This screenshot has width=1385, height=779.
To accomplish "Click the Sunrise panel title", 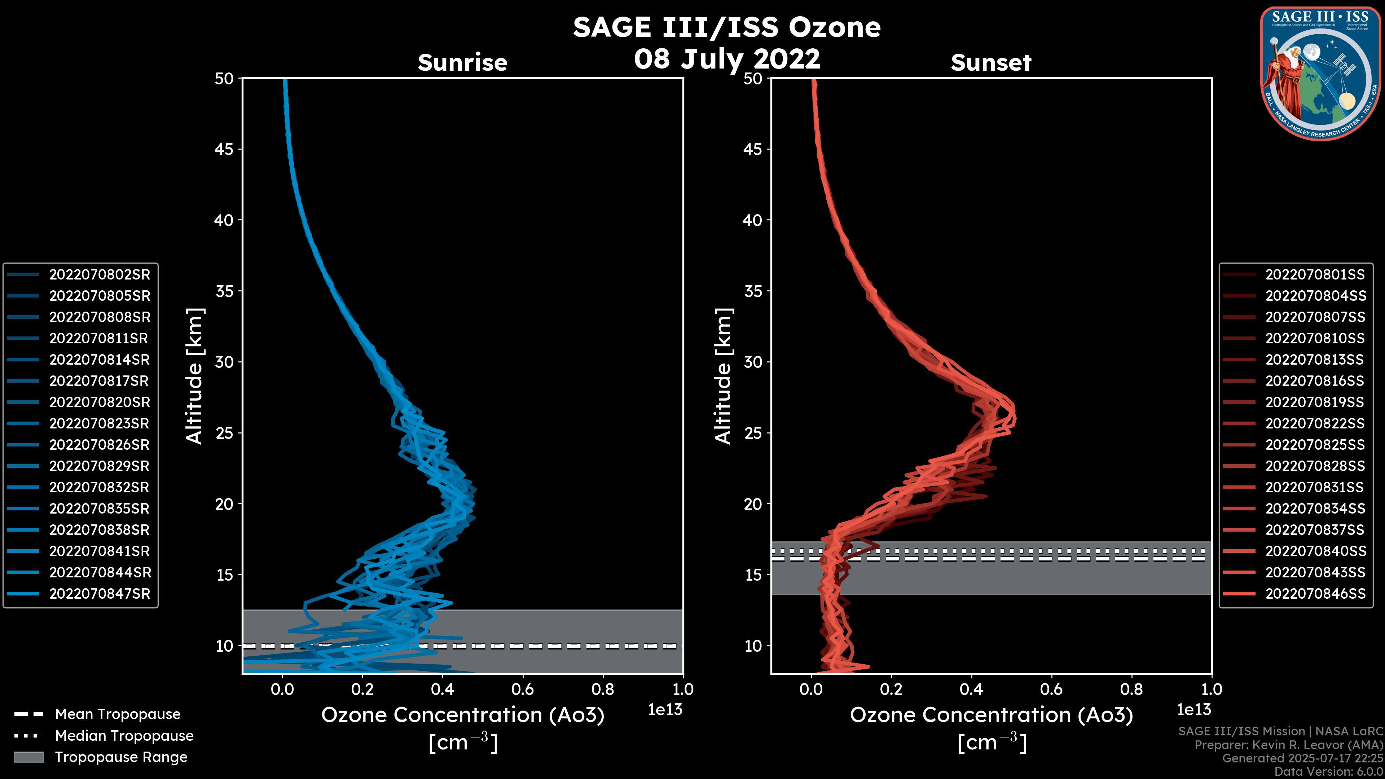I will point(462,62).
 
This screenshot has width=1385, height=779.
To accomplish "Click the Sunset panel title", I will point(991,62).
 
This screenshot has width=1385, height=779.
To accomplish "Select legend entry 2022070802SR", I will point(100,275).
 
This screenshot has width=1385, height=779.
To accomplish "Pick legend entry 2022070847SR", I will point(100,594).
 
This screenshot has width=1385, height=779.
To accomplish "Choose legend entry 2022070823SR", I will point(100,424).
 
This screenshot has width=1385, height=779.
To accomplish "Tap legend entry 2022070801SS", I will point(1315,275).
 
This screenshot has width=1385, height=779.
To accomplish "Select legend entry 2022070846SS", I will point(1315,594).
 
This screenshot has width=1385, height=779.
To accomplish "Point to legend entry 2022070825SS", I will point(1315,445).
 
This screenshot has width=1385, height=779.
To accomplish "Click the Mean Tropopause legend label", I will point(118,714).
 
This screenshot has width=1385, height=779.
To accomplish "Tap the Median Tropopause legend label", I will point(124,736).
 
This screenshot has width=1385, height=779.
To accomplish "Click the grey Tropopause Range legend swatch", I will point(28,757).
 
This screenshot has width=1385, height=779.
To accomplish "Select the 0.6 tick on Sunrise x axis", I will point(523,689).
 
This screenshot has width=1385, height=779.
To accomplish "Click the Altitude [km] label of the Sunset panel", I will point(723,376).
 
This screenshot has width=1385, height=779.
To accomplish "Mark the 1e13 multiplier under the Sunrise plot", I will point(665,710).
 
